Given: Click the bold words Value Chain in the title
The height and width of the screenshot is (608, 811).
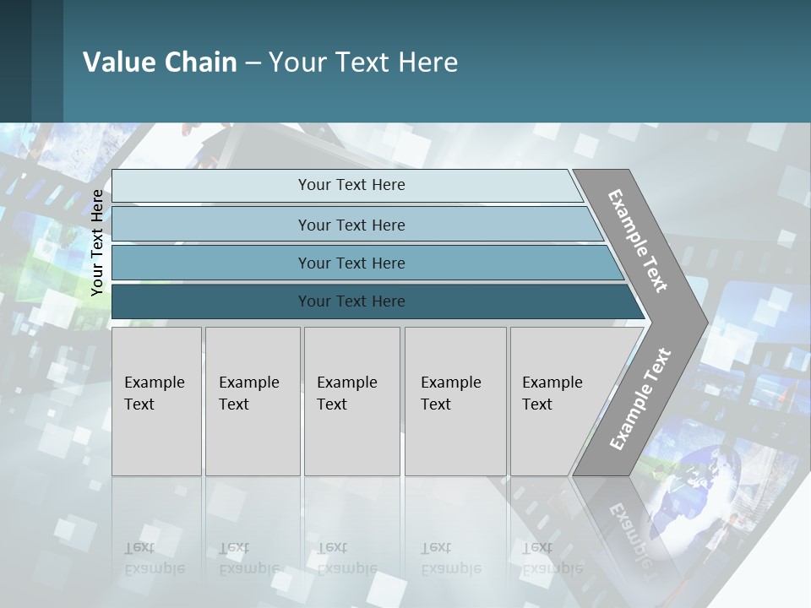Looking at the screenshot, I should point(160,62).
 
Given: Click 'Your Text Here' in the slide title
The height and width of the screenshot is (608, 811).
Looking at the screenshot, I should point(363,62).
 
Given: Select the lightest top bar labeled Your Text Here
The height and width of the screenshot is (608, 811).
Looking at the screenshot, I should point(351,185).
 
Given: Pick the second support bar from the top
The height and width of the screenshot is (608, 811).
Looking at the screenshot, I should point(351,225).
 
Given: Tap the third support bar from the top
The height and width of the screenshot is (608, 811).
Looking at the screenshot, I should point(351,263).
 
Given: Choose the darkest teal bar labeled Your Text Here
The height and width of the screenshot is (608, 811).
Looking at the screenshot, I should point(351,301).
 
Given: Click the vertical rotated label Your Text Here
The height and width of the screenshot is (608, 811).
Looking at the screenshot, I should point(97,242).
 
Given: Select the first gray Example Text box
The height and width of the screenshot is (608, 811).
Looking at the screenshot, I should point(156,401).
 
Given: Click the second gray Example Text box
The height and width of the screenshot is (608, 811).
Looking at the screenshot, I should point(252,401).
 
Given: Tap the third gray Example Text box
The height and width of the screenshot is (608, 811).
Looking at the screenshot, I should point(351,401).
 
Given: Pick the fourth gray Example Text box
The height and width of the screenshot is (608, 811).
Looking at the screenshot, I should point(454,401).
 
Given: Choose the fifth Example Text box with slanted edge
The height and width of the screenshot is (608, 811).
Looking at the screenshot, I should point(558,401).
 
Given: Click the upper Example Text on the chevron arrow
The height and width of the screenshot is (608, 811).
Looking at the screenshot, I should point(638,241).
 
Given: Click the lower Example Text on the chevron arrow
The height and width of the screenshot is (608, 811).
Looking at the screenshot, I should point(640,399).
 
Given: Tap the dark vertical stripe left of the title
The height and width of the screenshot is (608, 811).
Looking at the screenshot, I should point(15,61).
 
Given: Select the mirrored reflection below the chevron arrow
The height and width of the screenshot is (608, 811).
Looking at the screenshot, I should point(625,519).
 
